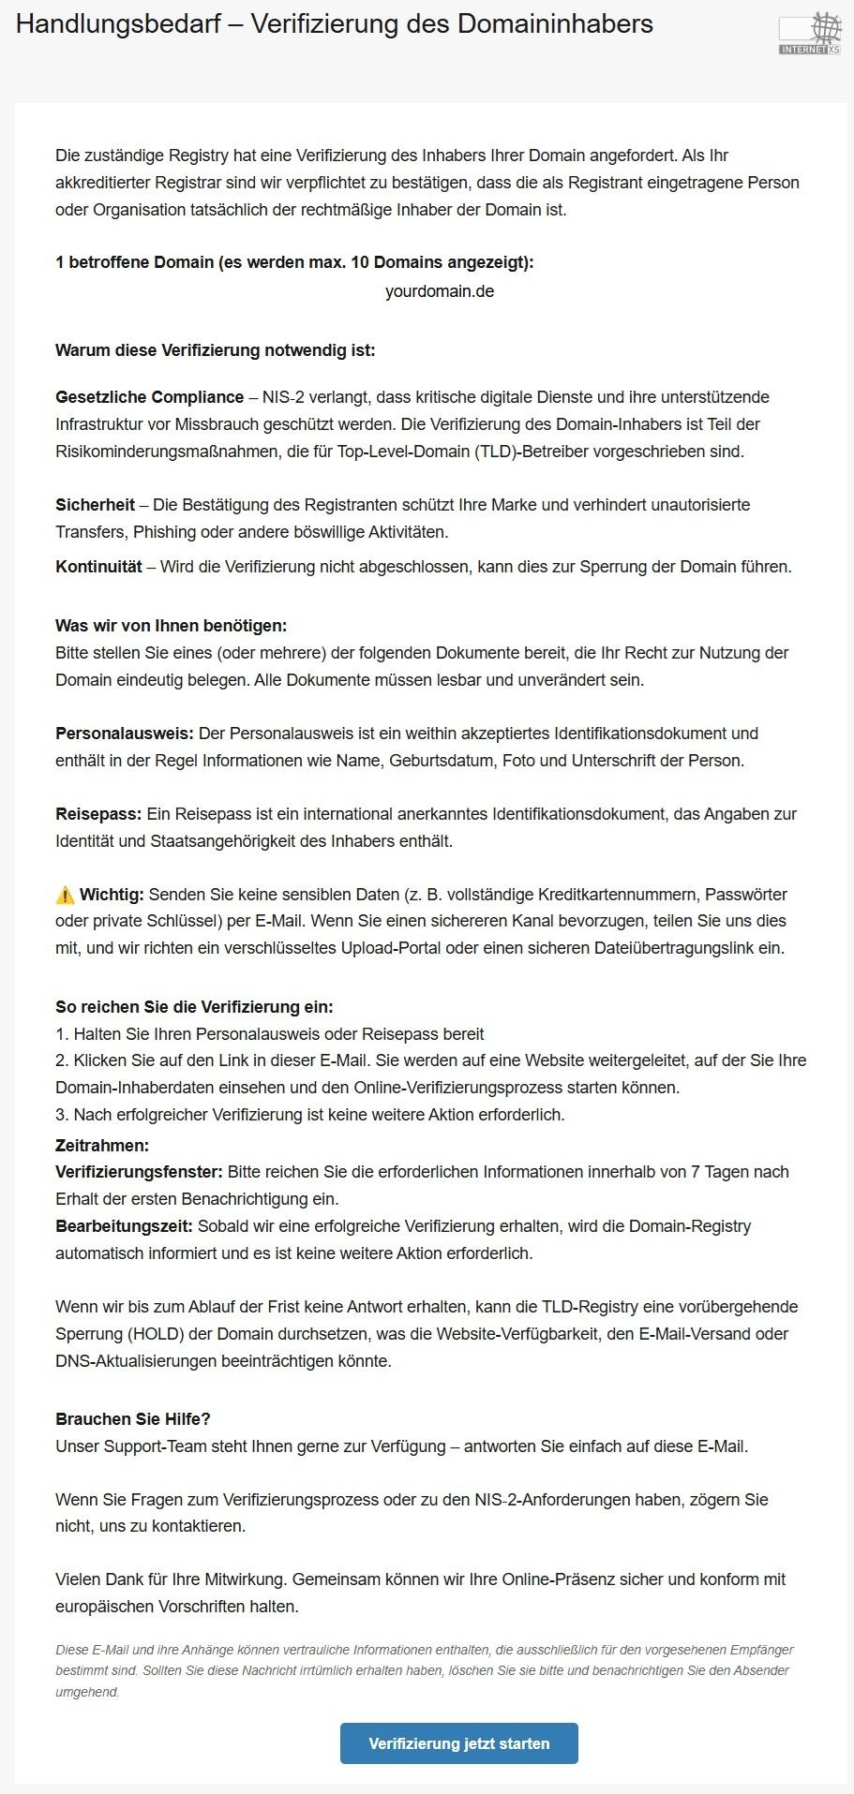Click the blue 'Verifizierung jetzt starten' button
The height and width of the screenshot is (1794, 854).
458,1743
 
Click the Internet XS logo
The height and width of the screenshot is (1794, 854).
809,34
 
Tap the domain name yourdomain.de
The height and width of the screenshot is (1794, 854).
439,291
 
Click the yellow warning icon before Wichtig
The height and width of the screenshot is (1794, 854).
65,895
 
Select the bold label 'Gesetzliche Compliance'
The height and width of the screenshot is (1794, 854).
149,397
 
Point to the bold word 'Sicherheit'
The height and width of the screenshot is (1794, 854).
95,505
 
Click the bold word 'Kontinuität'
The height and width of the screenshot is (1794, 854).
98,567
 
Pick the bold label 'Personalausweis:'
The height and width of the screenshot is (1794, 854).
124,734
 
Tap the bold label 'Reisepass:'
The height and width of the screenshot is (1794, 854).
98,814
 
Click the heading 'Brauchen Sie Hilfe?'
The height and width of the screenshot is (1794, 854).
133,1419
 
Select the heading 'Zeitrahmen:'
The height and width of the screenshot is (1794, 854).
102,1146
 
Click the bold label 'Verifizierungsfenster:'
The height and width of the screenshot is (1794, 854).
139,1172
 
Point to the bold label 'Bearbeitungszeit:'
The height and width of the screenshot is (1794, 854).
124,1226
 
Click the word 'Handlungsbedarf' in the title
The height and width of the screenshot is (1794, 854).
115,24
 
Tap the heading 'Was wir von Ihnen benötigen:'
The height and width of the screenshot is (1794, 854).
171,626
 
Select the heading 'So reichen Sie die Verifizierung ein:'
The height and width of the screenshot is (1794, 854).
194,1007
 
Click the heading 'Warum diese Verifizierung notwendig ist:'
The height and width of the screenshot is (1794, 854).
215,350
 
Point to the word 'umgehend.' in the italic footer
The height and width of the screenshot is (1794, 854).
87,1692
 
